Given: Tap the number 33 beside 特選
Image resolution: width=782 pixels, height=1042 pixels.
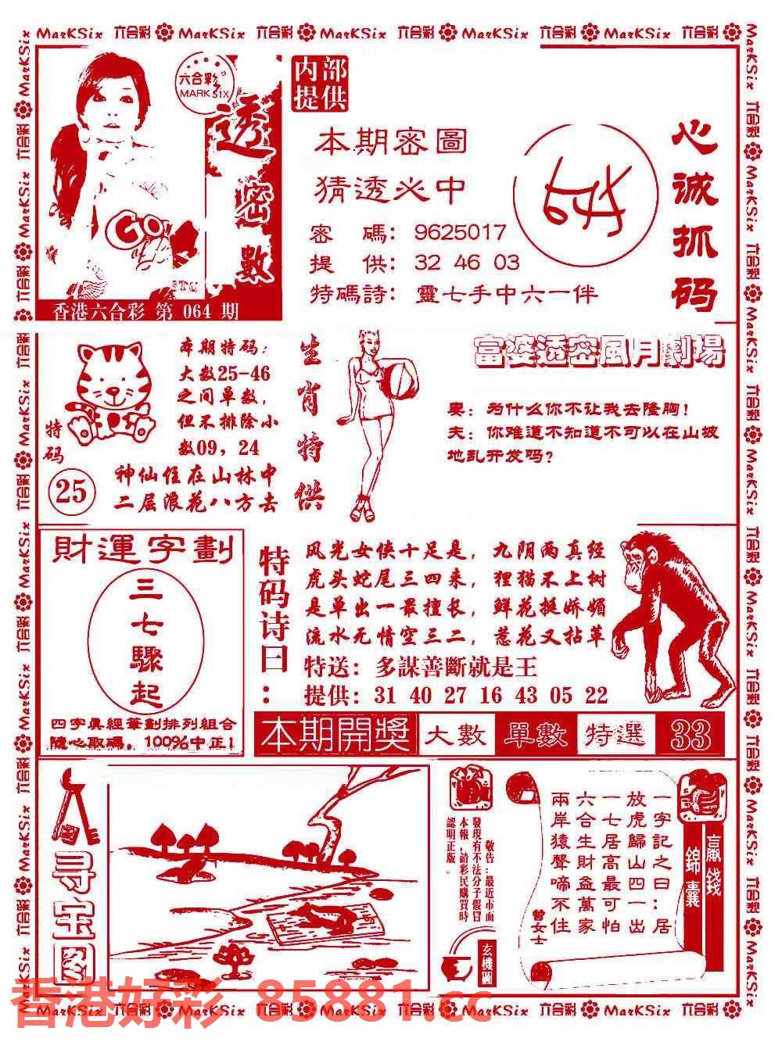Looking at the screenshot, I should click(691, 735).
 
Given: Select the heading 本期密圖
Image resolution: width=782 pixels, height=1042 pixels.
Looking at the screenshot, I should click(391, 142).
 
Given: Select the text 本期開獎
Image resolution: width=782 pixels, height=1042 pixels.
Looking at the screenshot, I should click(338, 736).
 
